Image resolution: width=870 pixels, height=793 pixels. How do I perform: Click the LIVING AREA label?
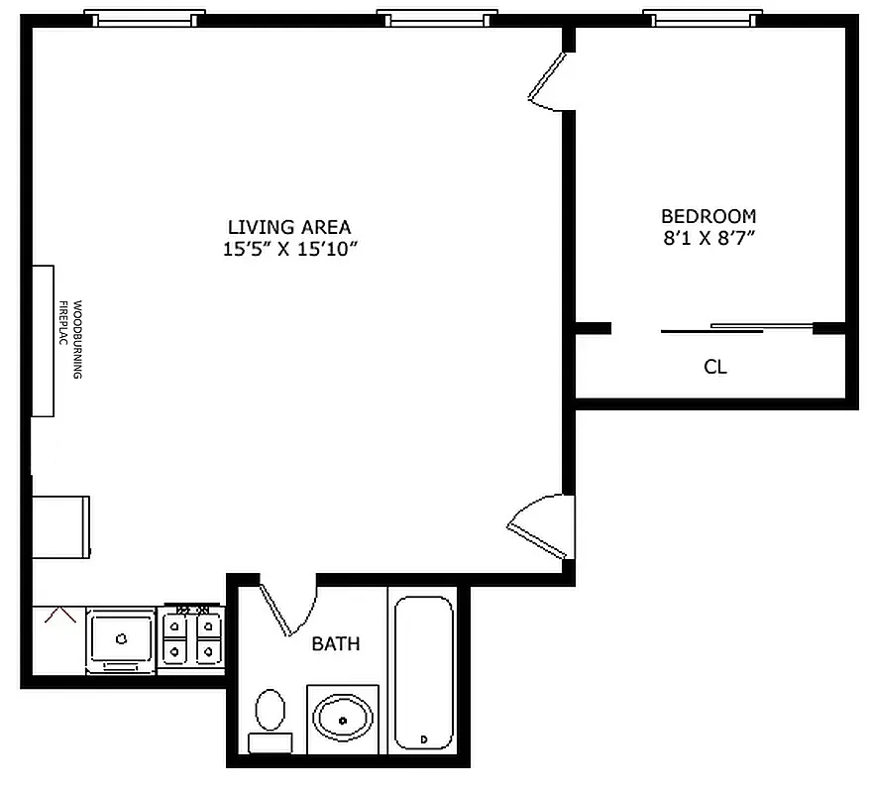pos(288,227)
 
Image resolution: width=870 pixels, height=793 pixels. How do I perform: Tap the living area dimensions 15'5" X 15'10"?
pos(288,250)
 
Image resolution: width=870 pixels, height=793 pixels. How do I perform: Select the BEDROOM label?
pos(708,215)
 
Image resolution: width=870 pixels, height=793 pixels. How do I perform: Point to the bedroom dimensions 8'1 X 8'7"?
pos(708,238)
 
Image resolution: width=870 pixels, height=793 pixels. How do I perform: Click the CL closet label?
pos(715,367)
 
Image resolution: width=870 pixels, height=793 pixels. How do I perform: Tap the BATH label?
pos(336,644)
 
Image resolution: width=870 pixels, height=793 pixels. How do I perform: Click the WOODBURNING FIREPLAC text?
pos(69,340)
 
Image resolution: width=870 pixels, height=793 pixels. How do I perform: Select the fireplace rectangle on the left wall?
pos(43,340)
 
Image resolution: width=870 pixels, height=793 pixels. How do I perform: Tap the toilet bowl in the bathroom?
pos(270,711)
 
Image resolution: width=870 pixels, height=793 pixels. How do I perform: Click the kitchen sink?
pos(121,638)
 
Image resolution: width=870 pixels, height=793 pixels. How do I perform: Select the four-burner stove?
pos(192,638)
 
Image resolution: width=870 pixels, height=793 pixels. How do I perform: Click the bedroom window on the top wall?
pos(703,19)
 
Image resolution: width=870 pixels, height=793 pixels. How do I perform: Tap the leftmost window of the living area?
pos(145,19)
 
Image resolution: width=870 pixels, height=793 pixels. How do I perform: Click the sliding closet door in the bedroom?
pos(737,328)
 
